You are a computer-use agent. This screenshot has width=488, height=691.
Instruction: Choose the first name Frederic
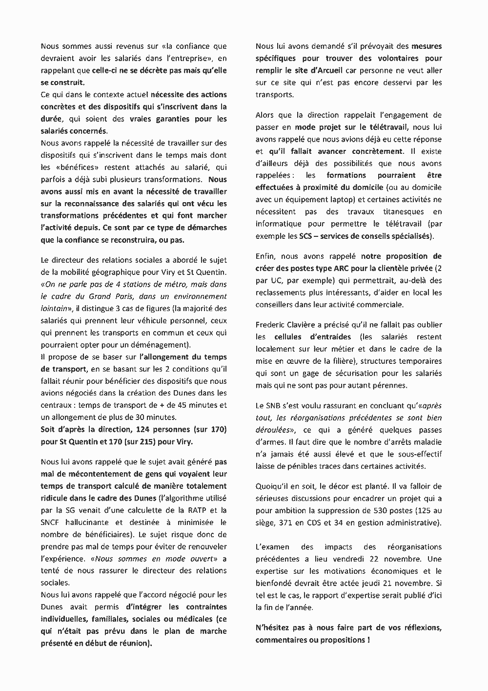point(271,324)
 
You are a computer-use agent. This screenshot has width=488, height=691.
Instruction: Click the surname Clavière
point(308,324)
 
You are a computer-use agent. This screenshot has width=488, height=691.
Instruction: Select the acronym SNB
point(275,405)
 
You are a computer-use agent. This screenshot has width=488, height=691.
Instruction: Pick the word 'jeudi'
point(360,583)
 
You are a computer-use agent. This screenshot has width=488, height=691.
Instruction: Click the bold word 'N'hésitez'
point(273,627)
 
